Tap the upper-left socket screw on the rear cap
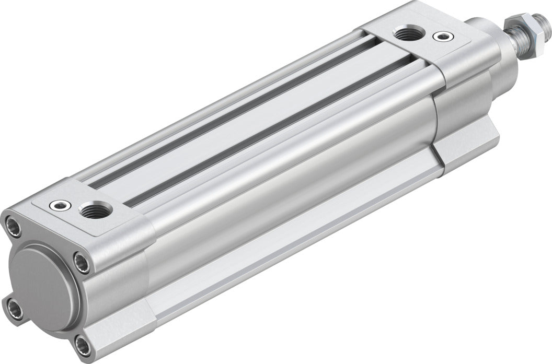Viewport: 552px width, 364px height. coord(14,226)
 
